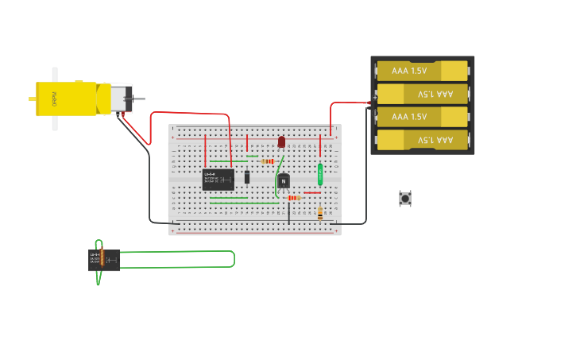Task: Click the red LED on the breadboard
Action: [x=281, y=141]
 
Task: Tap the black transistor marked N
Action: [x=284, y=181]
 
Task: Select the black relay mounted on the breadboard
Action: [x=218, y=180]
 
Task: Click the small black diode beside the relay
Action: [x=247, y=176]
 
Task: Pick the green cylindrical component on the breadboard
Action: [x=320, y=173]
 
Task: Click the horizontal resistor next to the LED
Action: [x=268, y=161]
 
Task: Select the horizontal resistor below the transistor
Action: [x=294, y=198]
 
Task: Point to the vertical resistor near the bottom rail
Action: [x=320, y=213]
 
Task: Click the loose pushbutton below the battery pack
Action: [x=405, y=198]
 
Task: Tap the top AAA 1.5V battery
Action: [x=422, y=71]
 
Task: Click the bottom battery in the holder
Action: [x=422, y=140]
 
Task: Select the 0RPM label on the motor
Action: [x=55, y=99]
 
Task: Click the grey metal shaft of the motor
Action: [x=139, y=99]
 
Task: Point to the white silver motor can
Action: [x=120, y=99]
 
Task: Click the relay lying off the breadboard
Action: [x=104, y=260]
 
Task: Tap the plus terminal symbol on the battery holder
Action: [x=369, y=102]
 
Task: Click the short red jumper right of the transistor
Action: [x=312, y=192]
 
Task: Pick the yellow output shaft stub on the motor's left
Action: [x=32, y=99]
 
